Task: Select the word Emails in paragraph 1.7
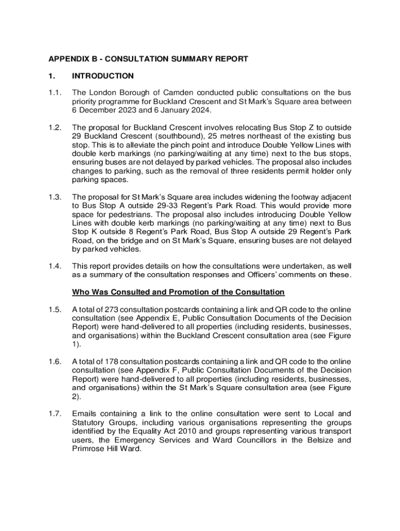[x=84, y=413]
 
